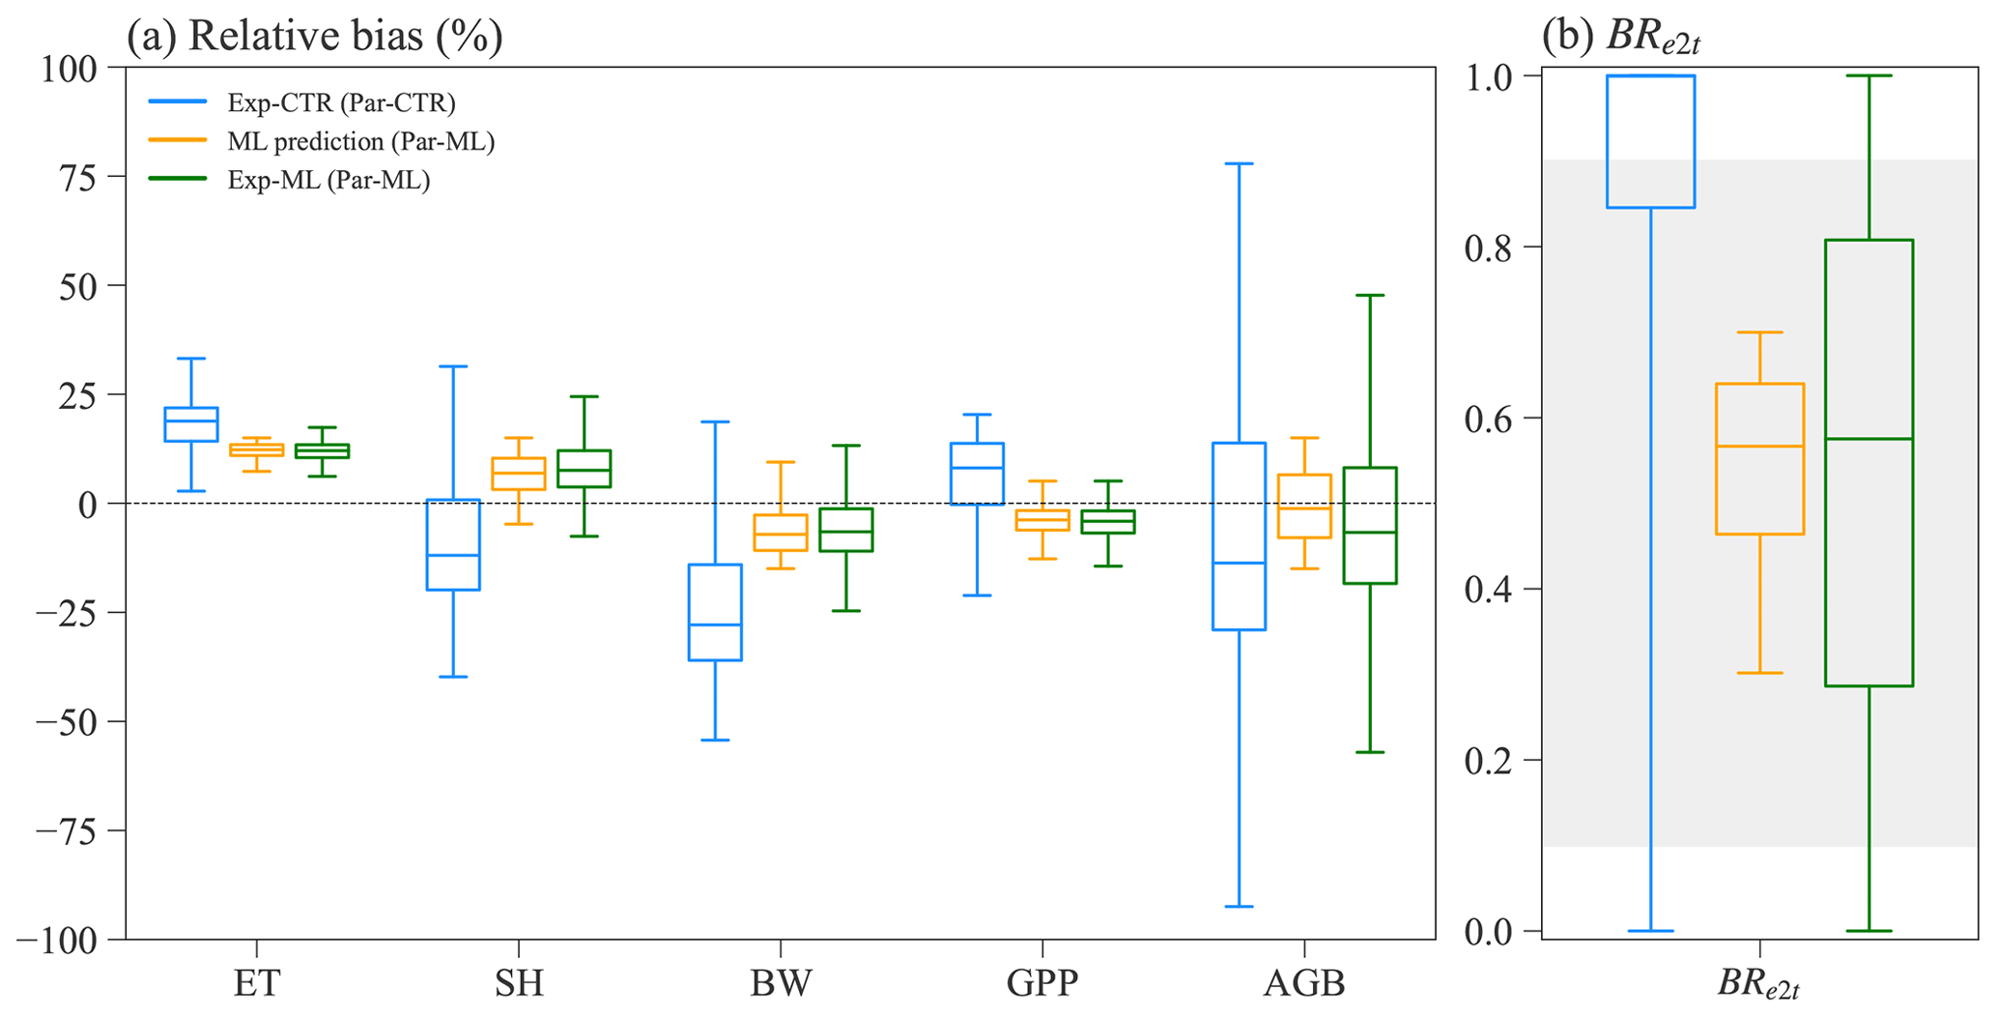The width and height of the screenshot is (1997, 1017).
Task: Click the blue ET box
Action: click(191, 424)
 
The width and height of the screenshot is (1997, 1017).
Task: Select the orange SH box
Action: click(519, 474)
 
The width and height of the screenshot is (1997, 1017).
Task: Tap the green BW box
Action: click(846, 530)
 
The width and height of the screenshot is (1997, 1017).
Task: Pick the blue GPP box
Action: click(977, 474)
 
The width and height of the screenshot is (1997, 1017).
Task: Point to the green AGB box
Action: click(1370, 525)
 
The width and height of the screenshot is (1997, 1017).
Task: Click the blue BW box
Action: click(715, 612)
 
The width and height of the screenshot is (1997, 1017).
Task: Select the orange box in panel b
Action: click(1759, 458)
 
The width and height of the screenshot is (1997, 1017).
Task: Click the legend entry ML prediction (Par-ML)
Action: click(360, 141)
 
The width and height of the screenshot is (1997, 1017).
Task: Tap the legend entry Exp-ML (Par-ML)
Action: click(328, 180)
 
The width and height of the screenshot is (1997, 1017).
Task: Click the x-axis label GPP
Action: click(1042, 984)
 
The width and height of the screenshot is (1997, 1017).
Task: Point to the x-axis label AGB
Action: click(1304, 984)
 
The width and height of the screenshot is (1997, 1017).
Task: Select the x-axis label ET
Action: click(257, 984)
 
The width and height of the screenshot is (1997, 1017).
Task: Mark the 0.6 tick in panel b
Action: click(1495, 419)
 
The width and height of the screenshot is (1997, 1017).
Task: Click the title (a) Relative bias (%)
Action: click(315, 36)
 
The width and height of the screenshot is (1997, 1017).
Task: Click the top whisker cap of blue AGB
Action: click(1239, 163)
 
